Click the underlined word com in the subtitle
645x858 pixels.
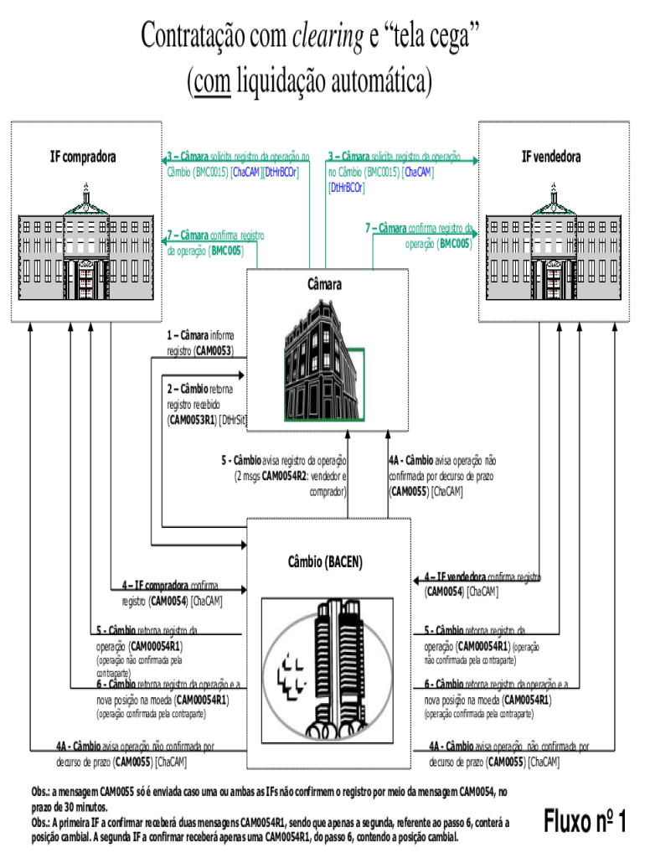(211, 82)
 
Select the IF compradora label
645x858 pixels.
(83, 157)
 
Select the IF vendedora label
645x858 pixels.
(551, 157)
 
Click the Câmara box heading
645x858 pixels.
(328, 285)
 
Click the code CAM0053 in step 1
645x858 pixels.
(214, 350)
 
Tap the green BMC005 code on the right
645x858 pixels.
(456, 244)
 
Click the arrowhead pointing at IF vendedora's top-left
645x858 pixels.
(474, 159)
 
